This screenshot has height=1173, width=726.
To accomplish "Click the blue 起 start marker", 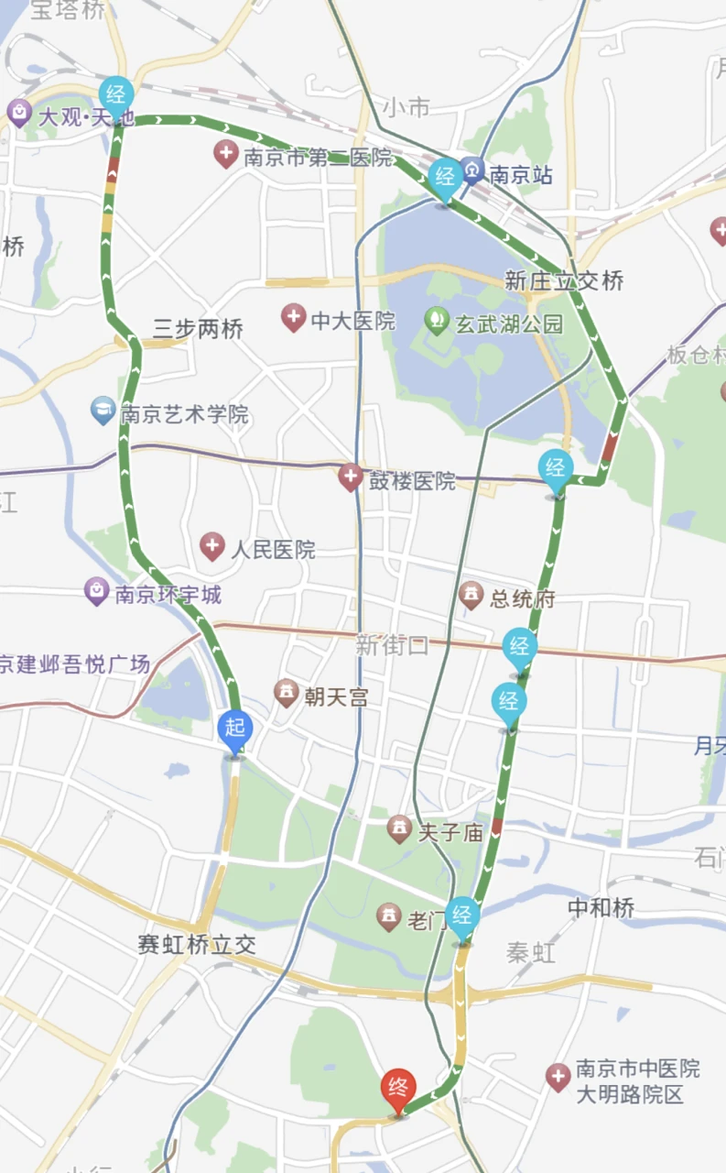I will click(x=235, y=729).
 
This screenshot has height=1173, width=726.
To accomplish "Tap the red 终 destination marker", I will click(x=398, y=1089).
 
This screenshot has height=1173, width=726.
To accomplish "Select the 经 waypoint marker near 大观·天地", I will click(x=116, y=94).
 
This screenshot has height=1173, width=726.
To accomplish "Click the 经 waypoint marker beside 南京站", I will click(x=446, y=176).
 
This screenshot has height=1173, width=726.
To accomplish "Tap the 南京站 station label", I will click(x=521, y=174).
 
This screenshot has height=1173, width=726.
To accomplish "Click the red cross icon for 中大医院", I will click(x=293, y=319).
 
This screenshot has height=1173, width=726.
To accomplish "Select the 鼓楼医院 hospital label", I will click(x=411, y=480).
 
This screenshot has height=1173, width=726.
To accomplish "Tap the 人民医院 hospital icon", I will click(x=212, y=548).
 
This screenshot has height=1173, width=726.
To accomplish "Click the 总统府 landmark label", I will click(x=522, y=599).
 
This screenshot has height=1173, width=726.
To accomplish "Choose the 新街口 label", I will click(x=392, y=644).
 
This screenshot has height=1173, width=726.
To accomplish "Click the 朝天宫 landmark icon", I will click(x=287, y=694).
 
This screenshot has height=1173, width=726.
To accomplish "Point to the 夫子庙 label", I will click(x=450, y=832).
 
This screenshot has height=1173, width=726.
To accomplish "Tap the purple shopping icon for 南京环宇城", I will click(x=96, y=591).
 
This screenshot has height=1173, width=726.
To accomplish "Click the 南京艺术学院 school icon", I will click(x=103, y=411).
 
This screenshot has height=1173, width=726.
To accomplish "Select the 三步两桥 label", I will click(x=198, y=329).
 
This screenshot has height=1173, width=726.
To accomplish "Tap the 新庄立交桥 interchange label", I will click(x=564, y=280).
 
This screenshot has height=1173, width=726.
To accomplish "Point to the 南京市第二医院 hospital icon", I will click(x=226, y=154).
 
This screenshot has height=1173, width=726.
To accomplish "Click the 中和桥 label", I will click(x=601, y=907).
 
